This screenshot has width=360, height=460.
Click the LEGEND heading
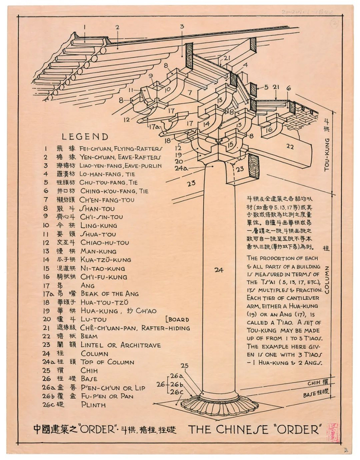click(85, 137)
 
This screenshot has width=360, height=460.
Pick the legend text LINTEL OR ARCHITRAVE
click(120, 345)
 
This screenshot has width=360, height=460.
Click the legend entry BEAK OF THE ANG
click(110, 294)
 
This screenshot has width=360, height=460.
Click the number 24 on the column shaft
click(219, 269)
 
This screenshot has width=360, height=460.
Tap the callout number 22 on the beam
click(290, 146)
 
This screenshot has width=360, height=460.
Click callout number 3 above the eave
click(182, 26)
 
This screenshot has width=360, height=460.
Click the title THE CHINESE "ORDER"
click(255, 429)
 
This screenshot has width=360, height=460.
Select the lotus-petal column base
click(220, 404)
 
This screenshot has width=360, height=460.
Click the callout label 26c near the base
click(178, 392)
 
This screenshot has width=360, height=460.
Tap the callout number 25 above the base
click(185, 366)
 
